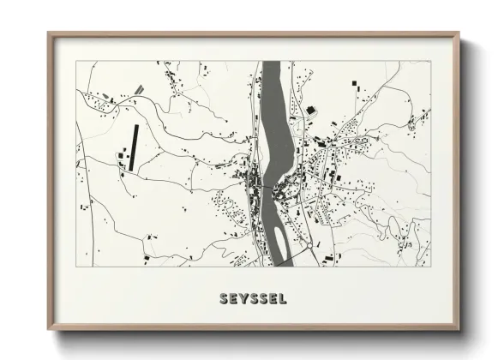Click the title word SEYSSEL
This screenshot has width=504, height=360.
pos(252,299)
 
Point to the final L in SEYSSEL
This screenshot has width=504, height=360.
pos(282,299)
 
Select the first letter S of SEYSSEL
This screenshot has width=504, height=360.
pos(224,299)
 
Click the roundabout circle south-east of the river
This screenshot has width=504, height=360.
pos(309,247)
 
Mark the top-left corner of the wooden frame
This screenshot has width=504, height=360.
pos(49,34)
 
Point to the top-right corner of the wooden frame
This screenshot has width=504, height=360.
pos(459,34)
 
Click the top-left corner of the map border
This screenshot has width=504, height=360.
pos(76,62)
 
